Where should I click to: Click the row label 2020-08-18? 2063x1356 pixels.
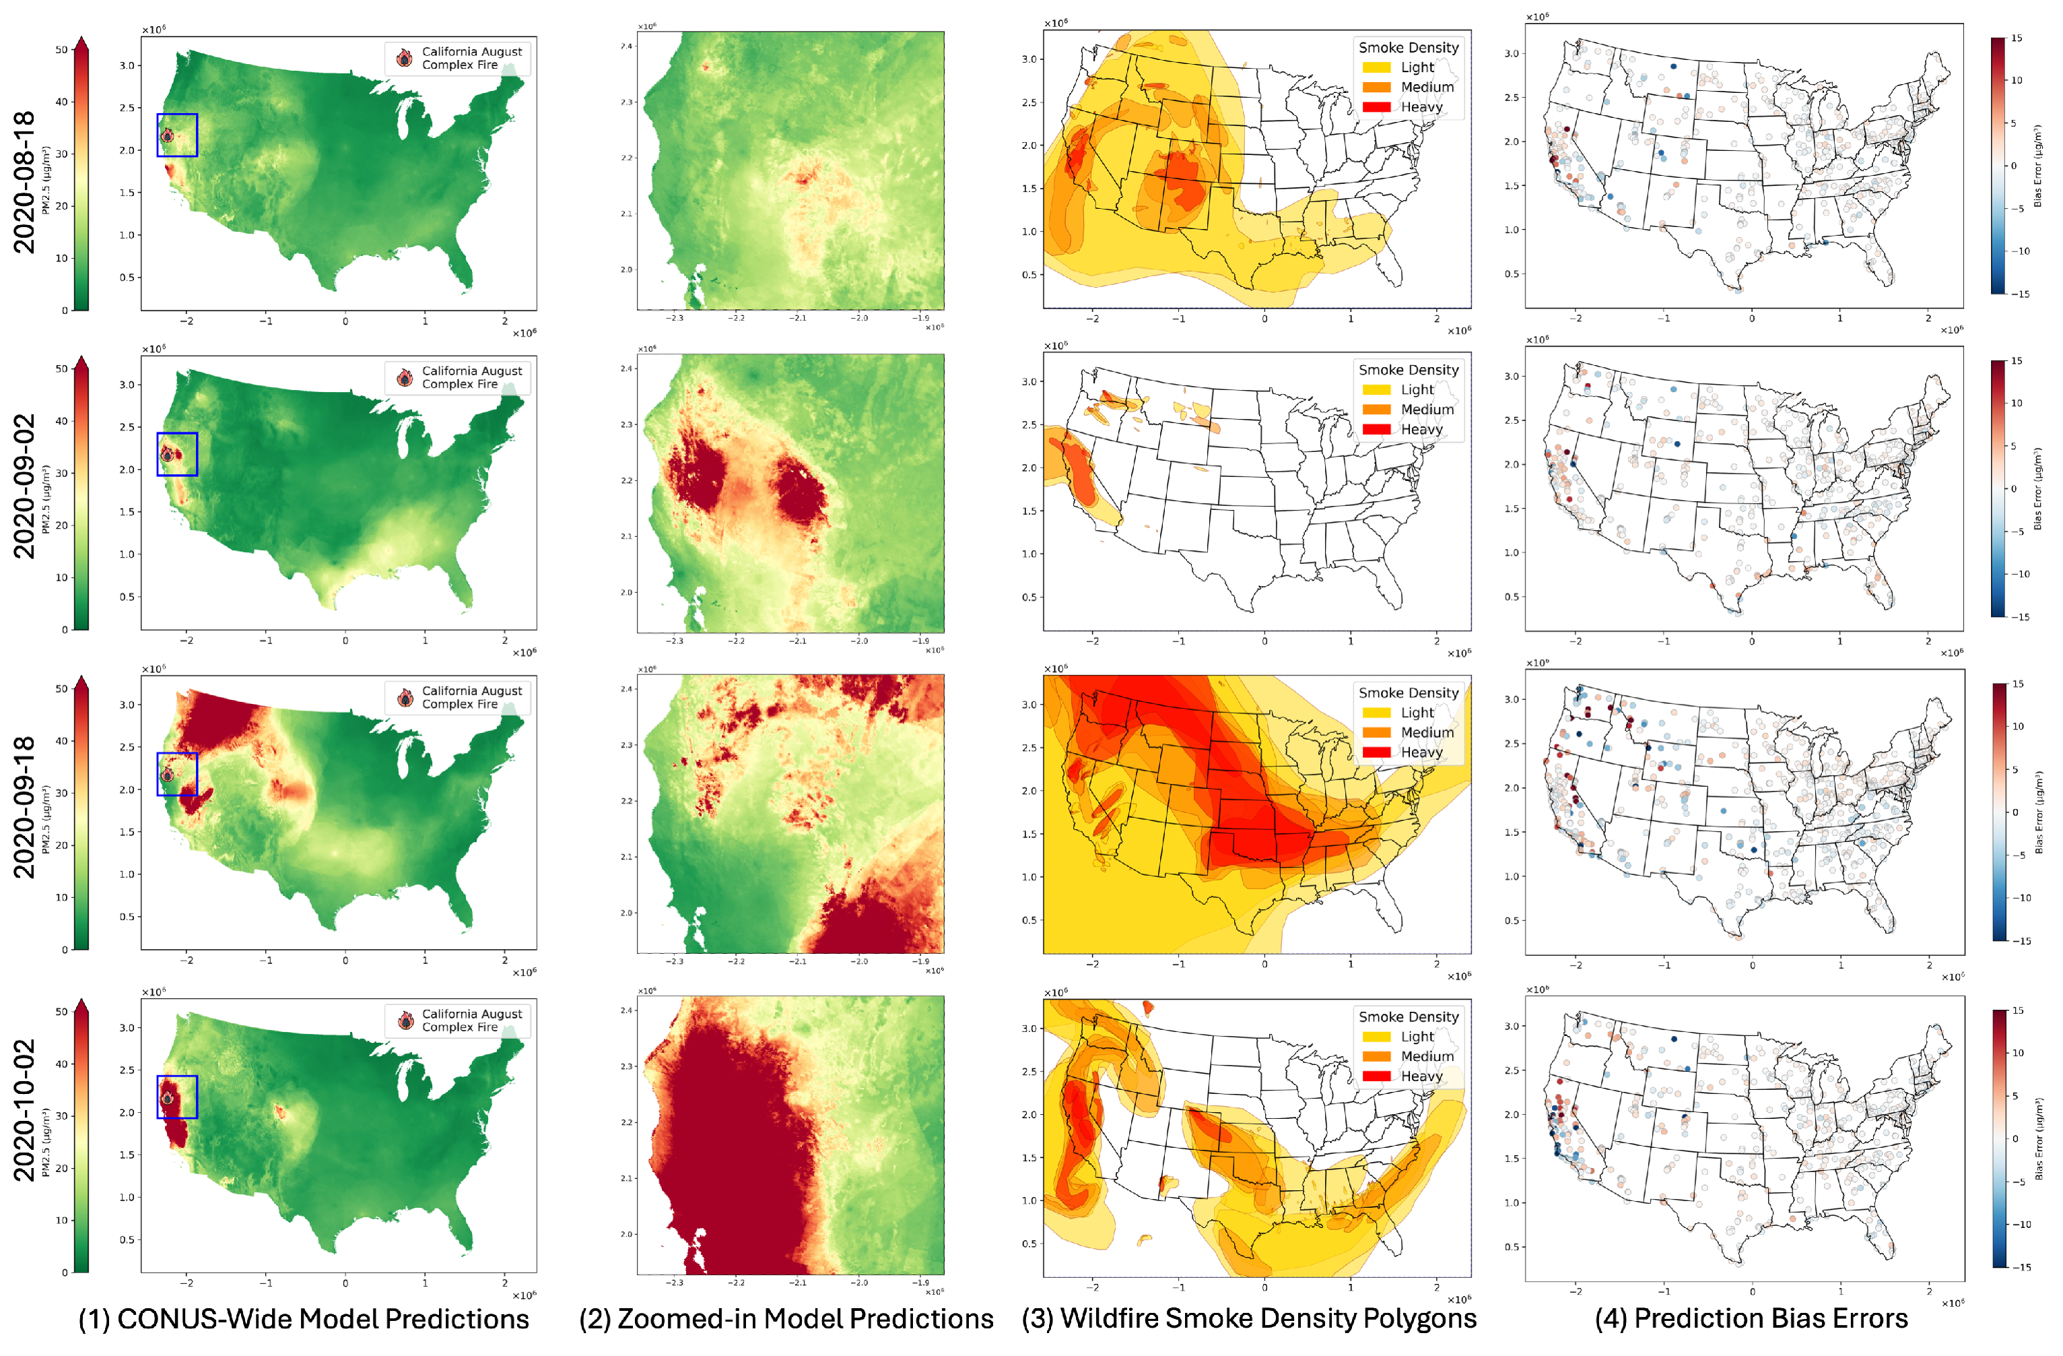click(24, 182)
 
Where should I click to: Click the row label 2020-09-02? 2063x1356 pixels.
click(24, 486)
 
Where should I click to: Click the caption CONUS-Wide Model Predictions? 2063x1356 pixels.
click(304, 1319)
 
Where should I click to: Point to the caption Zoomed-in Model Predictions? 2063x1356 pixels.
click(786, 1319)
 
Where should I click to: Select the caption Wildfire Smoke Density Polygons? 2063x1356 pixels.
click(1249, 1319)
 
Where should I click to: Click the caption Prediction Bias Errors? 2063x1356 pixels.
click(1751, 1319)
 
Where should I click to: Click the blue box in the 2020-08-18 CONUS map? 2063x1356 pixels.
click(177, 135)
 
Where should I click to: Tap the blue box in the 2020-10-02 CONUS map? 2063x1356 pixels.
click(177, 1097)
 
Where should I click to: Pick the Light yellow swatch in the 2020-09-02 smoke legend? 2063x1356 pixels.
click(1376, 390)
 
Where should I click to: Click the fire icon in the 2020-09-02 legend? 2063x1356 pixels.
click(405, 377)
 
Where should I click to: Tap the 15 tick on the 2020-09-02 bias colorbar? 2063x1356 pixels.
click(2017, 360)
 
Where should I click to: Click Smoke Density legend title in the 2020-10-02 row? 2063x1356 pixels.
click(1409, 1016)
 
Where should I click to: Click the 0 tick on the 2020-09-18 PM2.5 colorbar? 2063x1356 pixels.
click(64, 949)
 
